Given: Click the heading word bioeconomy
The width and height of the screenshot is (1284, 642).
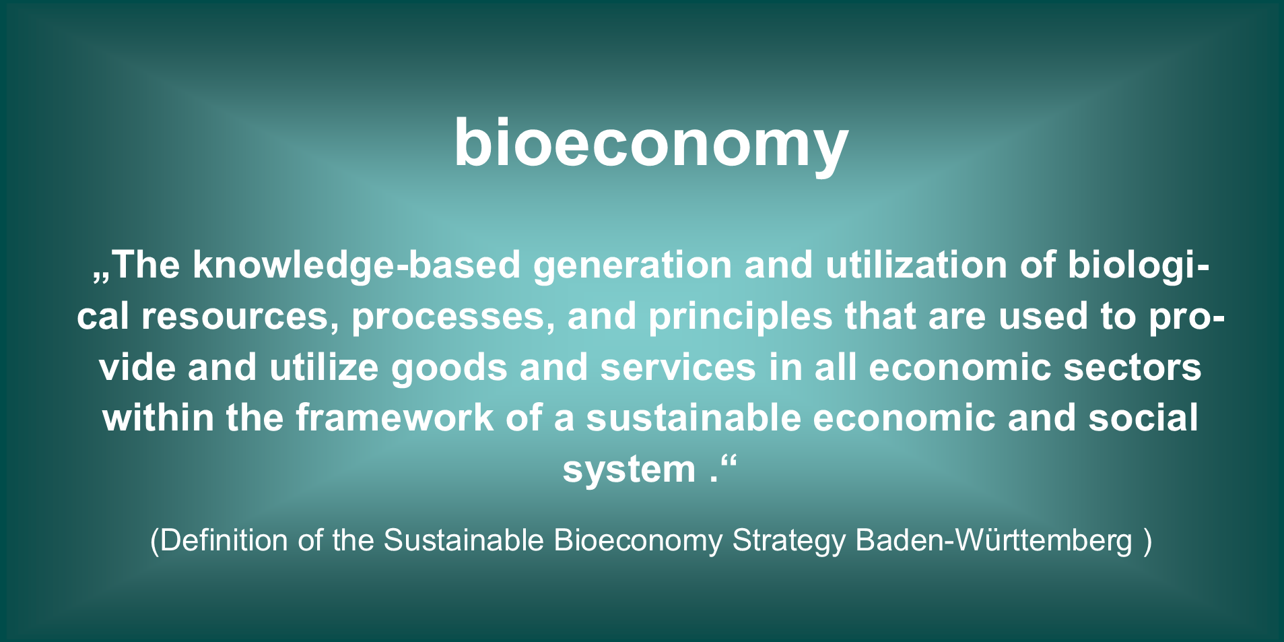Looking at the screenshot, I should (x=650, y=143).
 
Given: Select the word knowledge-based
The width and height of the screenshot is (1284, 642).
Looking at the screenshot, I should (x=357, y=265).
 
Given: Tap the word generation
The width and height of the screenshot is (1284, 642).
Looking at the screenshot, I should (x=632, y=265).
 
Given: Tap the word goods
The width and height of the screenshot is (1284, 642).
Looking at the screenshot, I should (x=449, y=368).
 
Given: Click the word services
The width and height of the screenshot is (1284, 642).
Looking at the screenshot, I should (x=678, y=368).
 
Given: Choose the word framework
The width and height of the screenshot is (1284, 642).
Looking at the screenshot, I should (x=395, y=418).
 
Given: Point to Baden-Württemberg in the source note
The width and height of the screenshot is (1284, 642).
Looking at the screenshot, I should (x=994, y=540).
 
